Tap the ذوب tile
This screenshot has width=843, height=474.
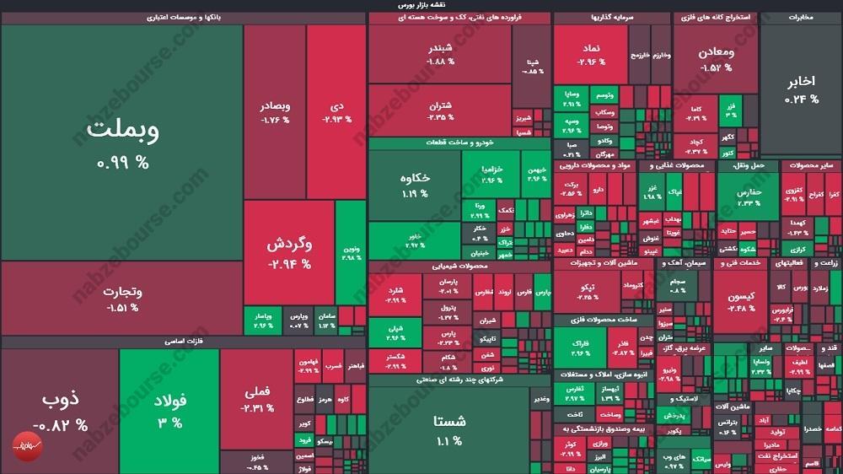[59, 409]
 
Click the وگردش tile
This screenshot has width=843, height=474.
[289, 251]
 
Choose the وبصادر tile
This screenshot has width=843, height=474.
[275, 112]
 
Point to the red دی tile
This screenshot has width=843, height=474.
[336, 112]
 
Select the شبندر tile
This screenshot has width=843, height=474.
[440, 54]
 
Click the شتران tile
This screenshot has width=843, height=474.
[440, 110]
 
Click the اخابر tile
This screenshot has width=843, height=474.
[801, 89]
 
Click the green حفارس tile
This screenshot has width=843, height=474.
[748, 196]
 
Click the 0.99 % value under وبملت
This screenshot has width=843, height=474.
[123, 163]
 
